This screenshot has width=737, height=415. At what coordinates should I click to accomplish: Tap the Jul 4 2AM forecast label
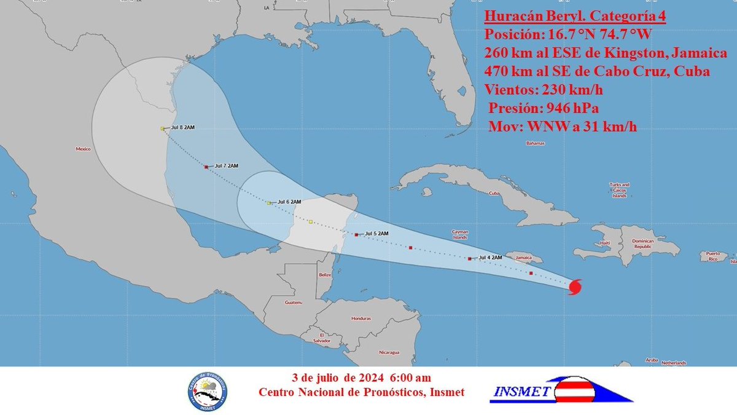(x=491, y=257)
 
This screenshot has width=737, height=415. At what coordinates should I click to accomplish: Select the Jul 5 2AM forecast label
(x=376, y=234)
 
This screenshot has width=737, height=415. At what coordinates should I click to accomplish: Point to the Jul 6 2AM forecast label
(x=289, y=202)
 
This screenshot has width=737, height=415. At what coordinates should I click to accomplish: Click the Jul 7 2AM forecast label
(x=225, y=166)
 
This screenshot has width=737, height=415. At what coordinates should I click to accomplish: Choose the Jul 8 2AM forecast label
(x=183, y=128)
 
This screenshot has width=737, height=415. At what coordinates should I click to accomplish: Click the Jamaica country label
(x=523, y=259)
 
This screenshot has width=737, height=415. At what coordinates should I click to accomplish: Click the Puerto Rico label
(x=712, y=256)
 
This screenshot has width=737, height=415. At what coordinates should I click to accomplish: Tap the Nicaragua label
(x=389, y=352)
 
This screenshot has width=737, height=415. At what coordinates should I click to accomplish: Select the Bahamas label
(x=535, y=143)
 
